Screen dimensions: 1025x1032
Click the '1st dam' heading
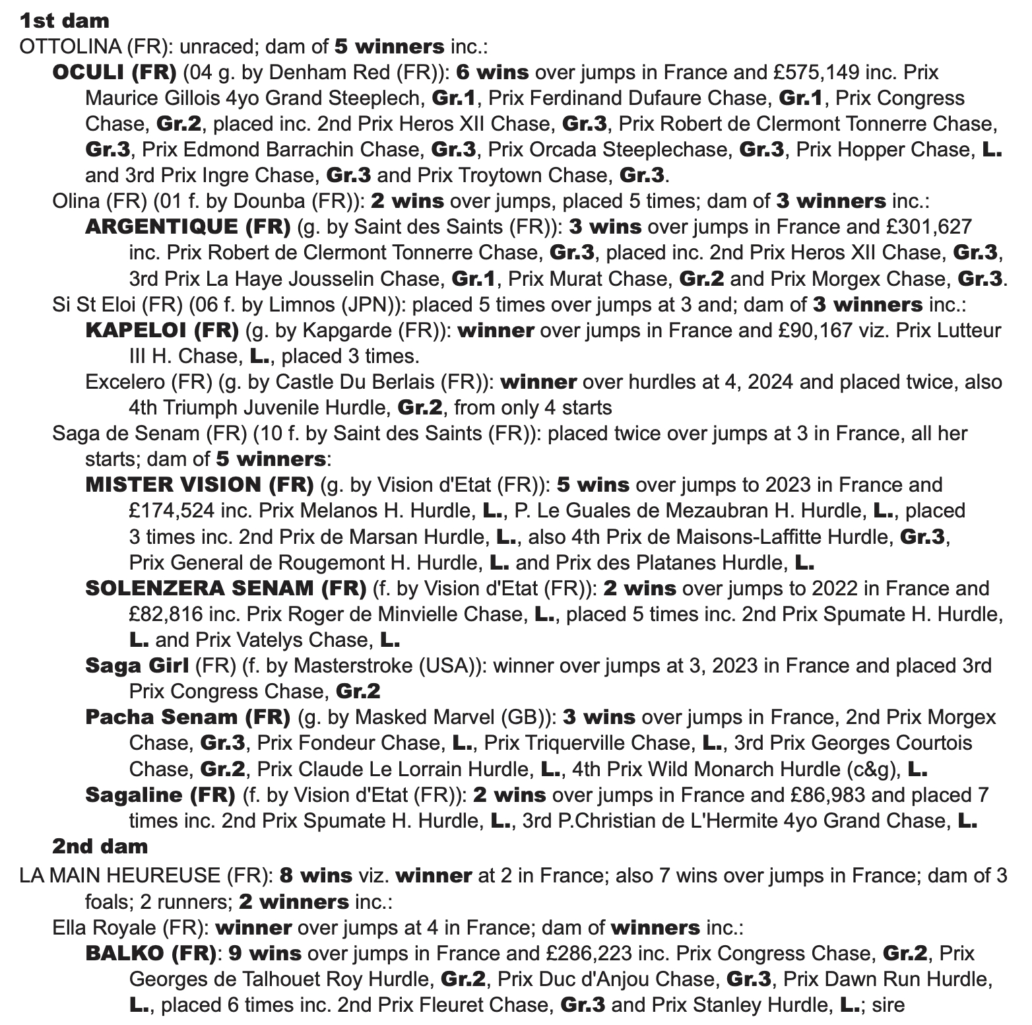tap(64, 20)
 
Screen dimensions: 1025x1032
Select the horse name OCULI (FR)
tap(114, 72)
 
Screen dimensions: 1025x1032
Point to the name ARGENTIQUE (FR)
tap(188, 226)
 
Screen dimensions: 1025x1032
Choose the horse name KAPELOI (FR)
tap(162, 330)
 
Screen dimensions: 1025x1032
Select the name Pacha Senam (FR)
tap(188, 717)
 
